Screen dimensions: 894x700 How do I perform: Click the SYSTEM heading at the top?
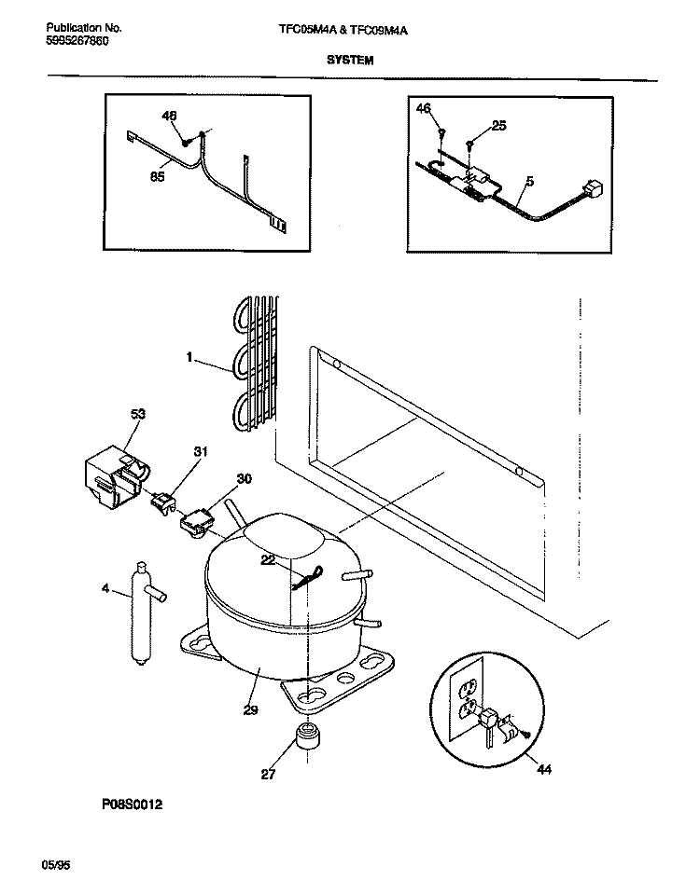(x=350, y=59)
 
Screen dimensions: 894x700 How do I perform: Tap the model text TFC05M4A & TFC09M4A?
(x=343, y=30)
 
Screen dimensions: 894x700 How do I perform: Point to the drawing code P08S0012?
(x=126, y=804)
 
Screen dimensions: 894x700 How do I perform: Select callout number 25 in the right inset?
(x=497, y=126)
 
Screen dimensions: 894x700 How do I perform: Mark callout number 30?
(x=244, y=478)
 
